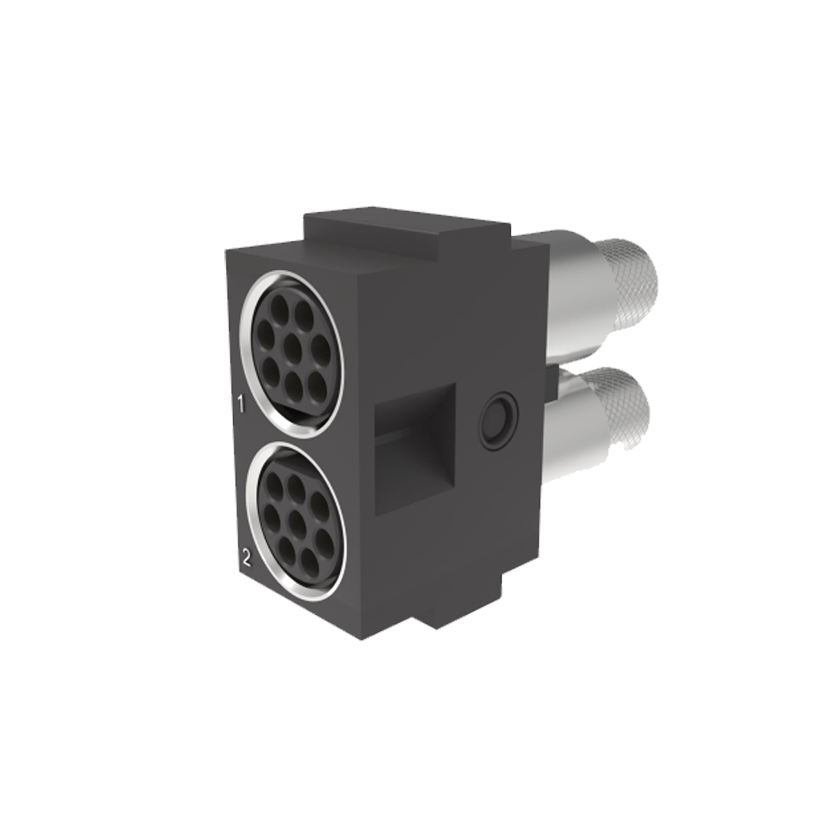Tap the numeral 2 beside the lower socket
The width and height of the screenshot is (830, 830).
point(247,556)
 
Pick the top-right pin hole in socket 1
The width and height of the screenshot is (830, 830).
point(304,313)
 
